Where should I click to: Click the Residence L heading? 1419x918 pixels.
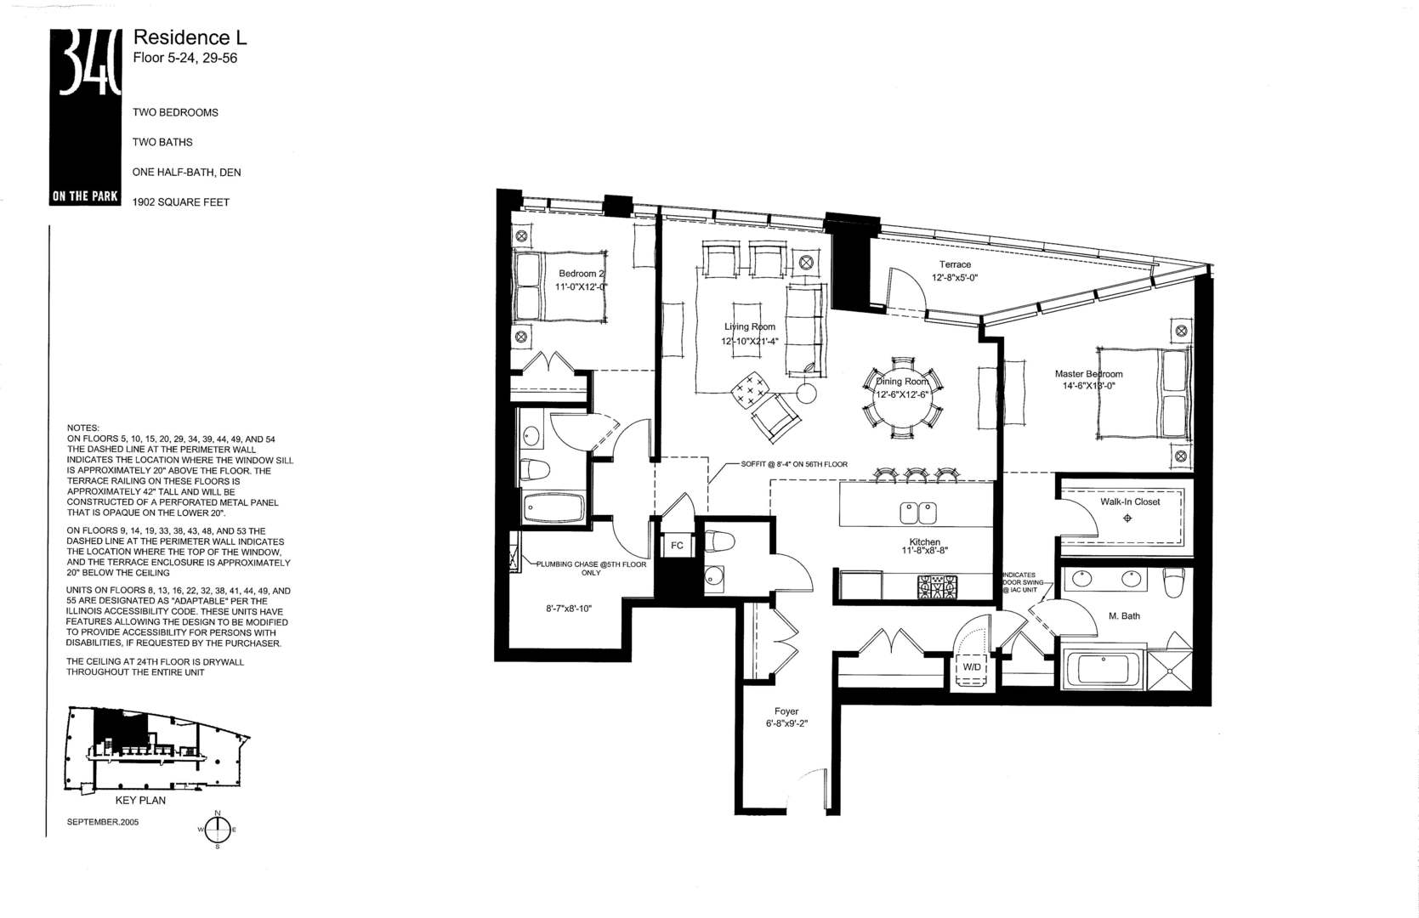coord(190,37)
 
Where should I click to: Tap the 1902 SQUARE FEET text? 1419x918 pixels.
coord(181,202)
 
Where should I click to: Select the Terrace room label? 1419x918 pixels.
coord(955,264)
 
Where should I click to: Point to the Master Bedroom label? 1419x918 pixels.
coord(1088,374)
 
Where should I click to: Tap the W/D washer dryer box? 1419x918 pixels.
coord(972,667)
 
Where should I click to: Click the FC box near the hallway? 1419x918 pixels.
coord(677,546)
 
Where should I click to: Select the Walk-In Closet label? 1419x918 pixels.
coord(1130,501)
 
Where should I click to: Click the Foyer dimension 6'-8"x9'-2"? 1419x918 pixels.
coord(786,724)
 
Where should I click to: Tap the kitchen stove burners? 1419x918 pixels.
coord(937,586)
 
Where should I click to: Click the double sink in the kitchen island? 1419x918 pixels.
coord(918,513)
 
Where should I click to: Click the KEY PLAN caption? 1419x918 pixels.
coord(140,800)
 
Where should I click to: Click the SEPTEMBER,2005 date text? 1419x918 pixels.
coord(102,822)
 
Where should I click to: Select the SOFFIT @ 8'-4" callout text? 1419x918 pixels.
coord(794,464)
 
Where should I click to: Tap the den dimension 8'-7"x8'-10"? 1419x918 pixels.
coord(574,609)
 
